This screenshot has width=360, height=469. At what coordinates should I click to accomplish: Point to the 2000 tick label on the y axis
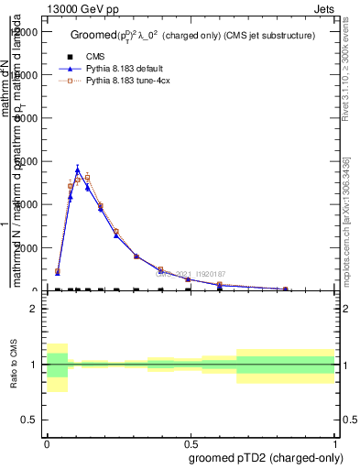[27, 248]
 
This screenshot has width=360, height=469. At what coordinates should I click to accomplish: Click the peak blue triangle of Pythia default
[78, 169]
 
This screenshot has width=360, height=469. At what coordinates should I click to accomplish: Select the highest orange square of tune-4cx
[87, 177]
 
